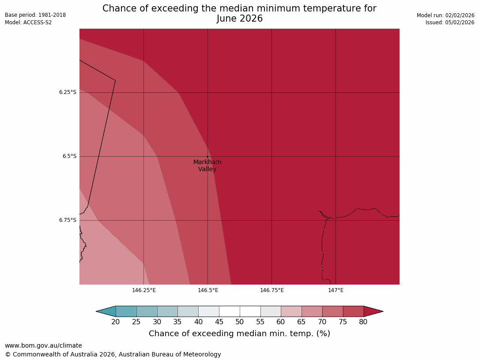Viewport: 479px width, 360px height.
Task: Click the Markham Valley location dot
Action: [x=207, y=157]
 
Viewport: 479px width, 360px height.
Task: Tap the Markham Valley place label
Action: [x=207, y=165]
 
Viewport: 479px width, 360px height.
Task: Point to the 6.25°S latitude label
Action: [x=68, y=92]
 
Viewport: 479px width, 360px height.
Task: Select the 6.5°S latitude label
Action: [x=69, y=156]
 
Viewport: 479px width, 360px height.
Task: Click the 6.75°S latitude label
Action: [x=68, y=220]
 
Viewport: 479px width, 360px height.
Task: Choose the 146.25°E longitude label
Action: [x=144, y=290]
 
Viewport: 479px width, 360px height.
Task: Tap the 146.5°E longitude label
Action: [x=208, y=290]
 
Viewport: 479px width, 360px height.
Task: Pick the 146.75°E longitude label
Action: [x=272, y=290]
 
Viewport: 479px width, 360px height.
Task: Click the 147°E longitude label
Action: [x=336, y=290]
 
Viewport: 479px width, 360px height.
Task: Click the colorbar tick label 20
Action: [x=116, y=322]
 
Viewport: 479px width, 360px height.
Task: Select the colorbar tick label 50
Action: [x=240, y=322]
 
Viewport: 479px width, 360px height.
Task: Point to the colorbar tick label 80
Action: [x=363, y=322]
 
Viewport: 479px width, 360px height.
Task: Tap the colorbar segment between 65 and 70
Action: [x=312, y=311]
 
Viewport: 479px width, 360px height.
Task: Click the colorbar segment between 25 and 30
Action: [x=147, y=311]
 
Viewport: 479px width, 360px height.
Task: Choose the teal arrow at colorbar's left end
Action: [x=106, y=311]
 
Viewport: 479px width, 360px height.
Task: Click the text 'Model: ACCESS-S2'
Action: [x=28, y=22]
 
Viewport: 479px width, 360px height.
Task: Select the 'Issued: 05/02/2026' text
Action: [x=450, y=22]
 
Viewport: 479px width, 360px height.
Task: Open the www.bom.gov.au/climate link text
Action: [x=43, y=345]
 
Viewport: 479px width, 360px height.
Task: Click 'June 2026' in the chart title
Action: [x=239, y=19]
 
